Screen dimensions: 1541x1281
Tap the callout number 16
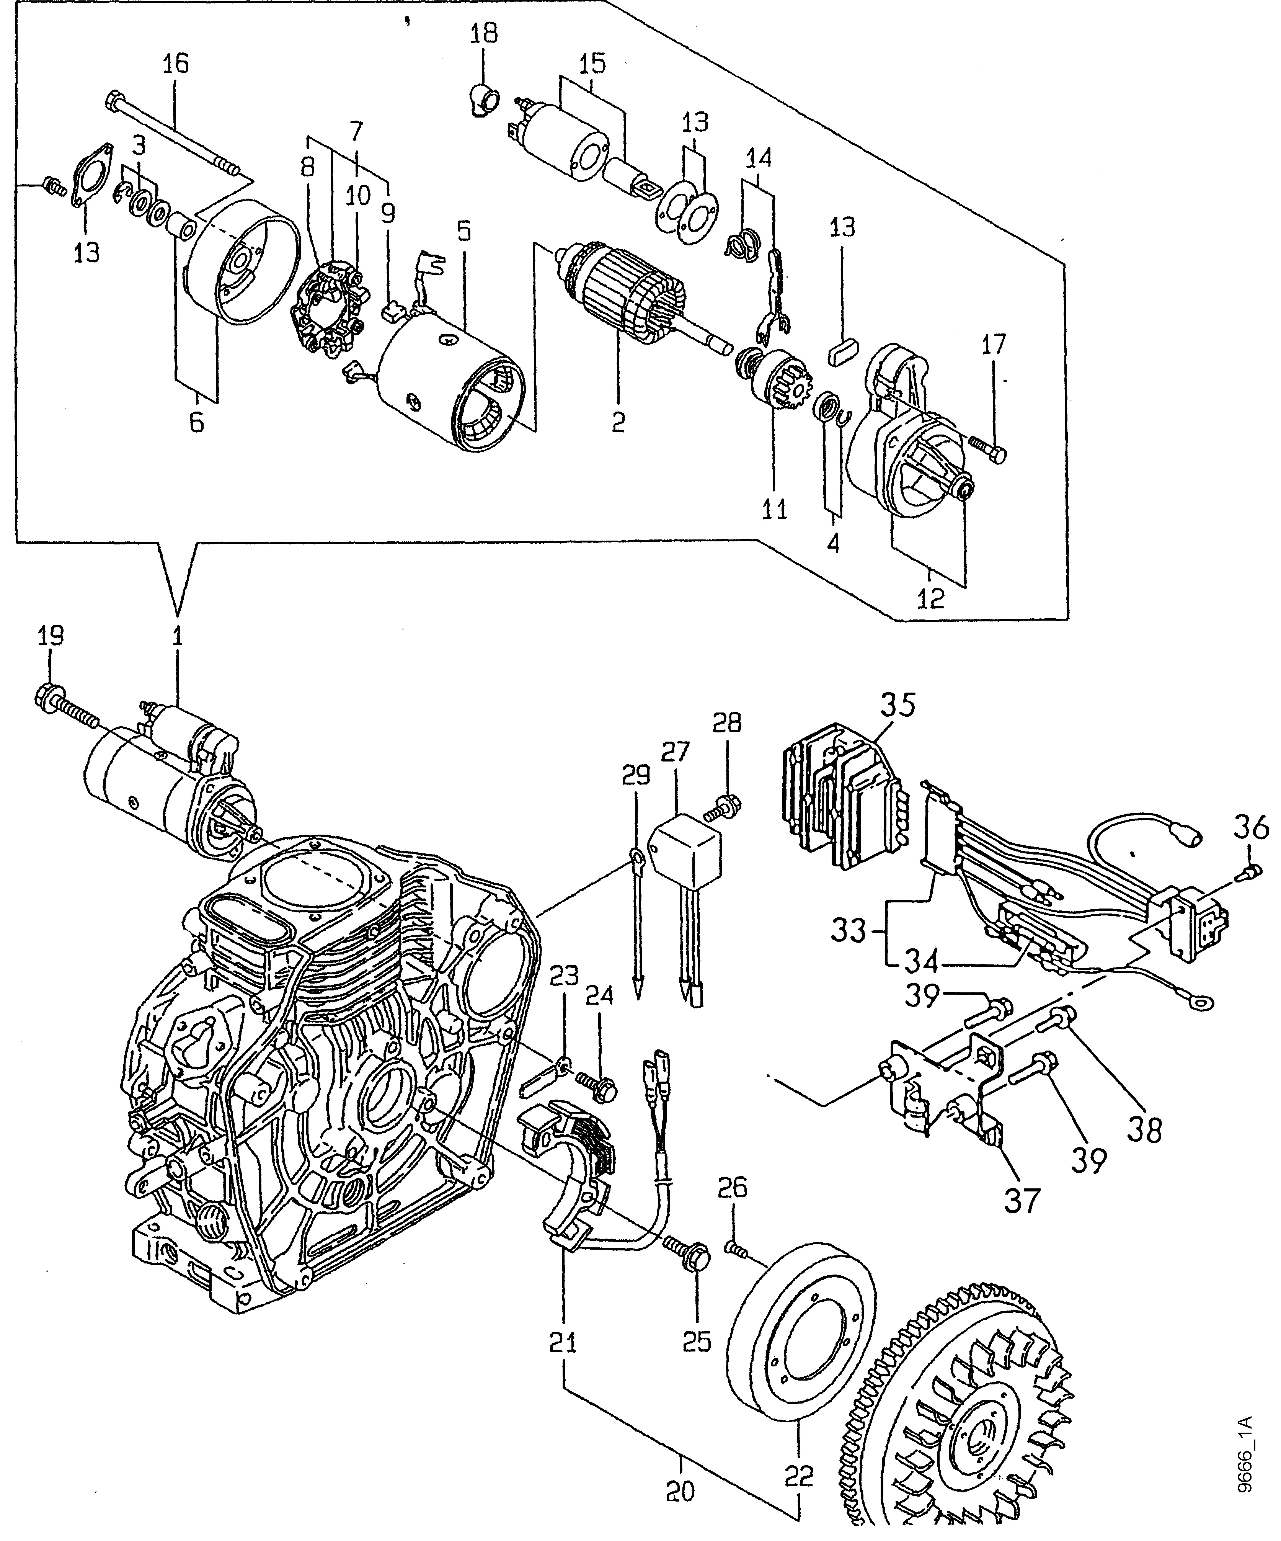(175, 63)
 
